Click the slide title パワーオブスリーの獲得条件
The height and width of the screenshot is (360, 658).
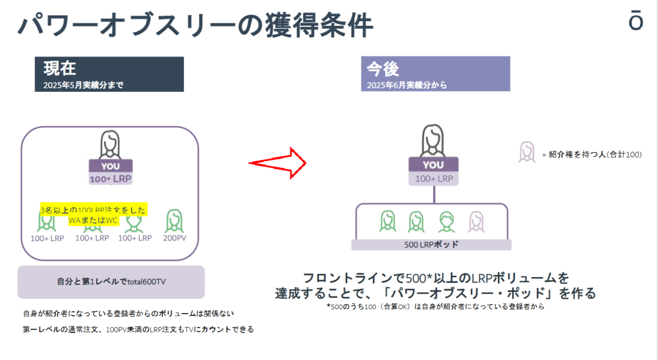196,26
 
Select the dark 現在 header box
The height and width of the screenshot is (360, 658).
109,74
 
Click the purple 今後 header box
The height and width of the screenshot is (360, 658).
435,74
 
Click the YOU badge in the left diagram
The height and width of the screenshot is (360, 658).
111,165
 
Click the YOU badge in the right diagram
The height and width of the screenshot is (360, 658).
433,165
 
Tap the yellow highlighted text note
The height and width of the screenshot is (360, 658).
93,215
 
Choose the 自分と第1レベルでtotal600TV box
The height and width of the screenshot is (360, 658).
111,282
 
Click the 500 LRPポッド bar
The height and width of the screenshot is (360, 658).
431,245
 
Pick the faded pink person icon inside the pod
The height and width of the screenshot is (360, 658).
476,221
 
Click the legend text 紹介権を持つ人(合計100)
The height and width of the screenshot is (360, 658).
591,154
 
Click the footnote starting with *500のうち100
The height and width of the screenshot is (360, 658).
431,307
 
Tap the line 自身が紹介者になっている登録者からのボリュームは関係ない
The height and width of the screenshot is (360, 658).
129,314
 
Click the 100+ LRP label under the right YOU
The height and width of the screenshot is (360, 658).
433,179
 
